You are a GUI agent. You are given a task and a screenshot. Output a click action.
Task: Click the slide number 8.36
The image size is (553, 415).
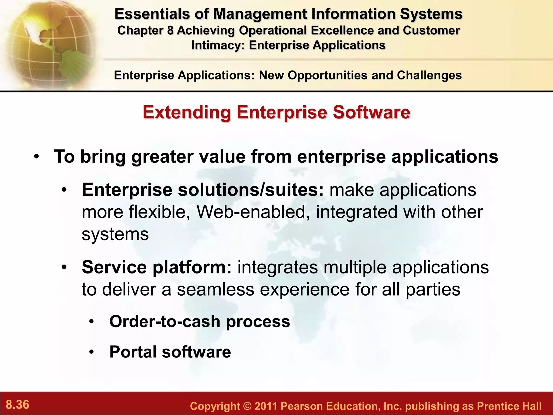pos(18,405)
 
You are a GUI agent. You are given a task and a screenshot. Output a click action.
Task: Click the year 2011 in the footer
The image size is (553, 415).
pos(266,406)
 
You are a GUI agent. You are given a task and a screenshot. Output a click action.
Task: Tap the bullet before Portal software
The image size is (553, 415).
pos(92,352)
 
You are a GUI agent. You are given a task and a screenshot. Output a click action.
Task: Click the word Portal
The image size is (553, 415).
pos(133,352)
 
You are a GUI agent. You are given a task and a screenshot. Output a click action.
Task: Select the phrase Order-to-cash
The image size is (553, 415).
pos(165,322)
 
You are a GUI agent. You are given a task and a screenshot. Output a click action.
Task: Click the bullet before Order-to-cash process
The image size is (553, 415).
pos(92,322)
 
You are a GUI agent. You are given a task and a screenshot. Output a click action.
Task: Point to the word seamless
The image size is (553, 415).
pos(215,289)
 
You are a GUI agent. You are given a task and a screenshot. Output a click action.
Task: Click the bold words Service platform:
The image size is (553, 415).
pos(157,267)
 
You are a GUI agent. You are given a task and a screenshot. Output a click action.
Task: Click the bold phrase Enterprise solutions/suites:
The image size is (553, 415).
pos(203,190)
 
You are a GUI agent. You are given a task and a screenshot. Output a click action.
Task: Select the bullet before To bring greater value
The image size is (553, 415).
pos(37,157)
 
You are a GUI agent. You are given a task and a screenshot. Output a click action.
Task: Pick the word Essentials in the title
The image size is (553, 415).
pos(152,14)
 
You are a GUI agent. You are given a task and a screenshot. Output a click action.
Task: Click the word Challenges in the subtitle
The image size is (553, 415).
pos(429,75)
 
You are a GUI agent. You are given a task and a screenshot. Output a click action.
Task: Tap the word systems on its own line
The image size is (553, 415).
pos(115,234)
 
